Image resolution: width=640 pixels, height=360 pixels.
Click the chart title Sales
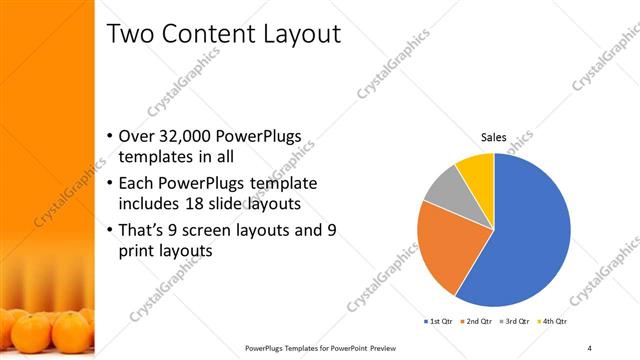tap(494, 137)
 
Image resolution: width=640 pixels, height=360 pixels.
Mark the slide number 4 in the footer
tap(590, 347)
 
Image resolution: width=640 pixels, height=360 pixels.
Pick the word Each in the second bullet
tap(136, 184)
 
